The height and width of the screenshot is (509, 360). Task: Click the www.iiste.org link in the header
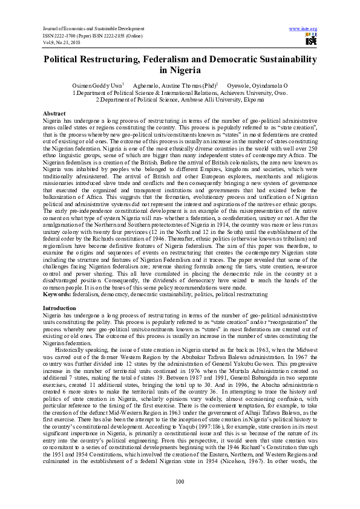[x=303, y=28]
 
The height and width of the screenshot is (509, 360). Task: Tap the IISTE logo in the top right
[x=311, y=40]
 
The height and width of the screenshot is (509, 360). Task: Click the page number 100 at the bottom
[x=179, y=481]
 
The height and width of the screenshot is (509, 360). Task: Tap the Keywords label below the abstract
[x=57, y=293]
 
